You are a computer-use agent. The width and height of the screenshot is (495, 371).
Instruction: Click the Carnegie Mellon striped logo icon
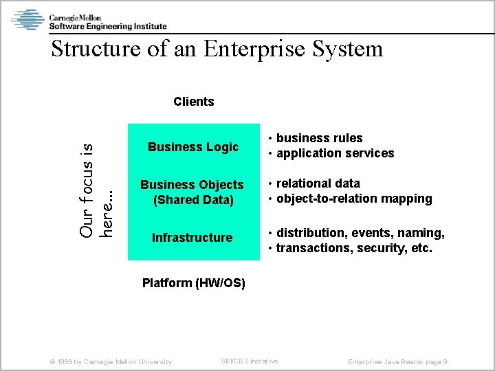pyautogui.click(x=27, y=19)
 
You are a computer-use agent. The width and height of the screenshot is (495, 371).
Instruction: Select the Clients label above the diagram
pyautogui.click(x=194, y=102)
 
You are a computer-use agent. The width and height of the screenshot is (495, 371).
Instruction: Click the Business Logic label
pyautogui.click(x=193, y=147)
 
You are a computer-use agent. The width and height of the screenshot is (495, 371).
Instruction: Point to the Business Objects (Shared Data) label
pyautogui.click(x=192, y=192)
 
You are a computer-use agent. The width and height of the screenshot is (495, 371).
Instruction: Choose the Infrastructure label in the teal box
pyautogui.click(x=192, y=238)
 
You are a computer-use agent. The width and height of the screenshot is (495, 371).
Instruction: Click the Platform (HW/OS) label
pyautogui.click(x=193, y=283)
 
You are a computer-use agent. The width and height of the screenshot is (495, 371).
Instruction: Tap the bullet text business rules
pyautogui.click(x=319, y=138)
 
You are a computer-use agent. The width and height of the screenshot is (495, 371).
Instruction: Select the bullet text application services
pyautogui.click(x=335, y=153)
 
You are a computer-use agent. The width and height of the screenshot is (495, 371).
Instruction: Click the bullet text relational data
pyautogui.click(x=318, y=183)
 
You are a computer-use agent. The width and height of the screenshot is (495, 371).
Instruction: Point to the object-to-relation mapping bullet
pyautogui.click(x=353, y=199)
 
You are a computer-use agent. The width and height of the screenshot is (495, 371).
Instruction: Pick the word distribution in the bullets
pyautogui.click(x=309, y=233)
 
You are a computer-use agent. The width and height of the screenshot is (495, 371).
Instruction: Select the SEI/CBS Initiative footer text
pyautogui.click(x=249, y=361)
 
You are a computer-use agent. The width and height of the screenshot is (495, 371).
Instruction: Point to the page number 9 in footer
pyautogui.click(x=445, y=362)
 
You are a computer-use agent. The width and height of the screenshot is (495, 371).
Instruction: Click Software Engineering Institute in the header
pyautogui.click(x=107, y=26)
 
